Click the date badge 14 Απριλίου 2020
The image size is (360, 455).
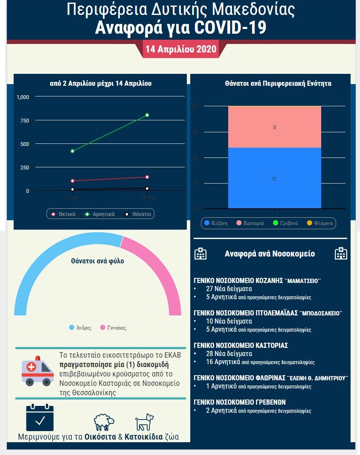[181, 49]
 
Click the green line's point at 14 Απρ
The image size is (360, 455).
[147, 115]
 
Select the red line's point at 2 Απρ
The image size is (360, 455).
[73, 181]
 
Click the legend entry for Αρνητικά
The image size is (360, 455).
[100, 214]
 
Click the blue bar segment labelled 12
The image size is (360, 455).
[274, 178]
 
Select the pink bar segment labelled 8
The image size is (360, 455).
[274, 127]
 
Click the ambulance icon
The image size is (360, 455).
[38, 370]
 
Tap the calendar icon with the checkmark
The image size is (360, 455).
[40, 417]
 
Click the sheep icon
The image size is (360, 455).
[104, 422]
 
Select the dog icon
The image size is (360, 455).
[144, 422]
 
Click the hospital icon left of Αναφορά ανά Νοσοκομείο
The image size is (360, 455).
[200, 254]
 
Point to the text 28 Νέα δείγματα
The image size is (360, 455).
[229, 354]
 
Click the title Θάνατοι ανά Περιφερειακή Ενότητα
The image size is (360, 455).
[278, 84]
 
